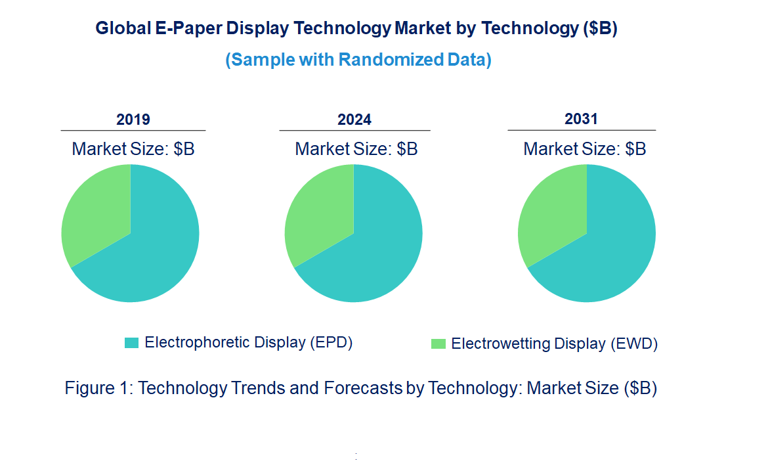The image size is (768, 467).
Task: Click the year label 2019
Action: click(133, 120)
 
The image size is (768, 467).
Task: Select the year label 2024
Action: click(354, 120)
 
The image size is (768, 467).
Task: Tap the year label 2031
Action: click(581, 119)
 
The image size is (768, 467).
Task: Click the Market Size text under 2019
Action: click(133, 149)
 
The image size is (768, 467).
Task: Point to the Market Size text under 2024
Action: click(356, 149)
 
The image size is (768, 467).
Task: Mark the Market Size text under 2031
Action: click(584, 149)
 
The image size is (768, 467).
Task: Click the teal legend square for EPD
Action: click(132, 343)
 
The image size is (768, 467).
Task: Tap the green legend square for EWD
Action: click(438, 344)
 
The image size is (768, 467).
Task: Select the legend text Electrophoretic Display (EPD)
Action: click(249, 342)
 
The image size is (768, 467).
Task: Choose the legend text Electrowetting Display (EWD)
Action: click(554, 344)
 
